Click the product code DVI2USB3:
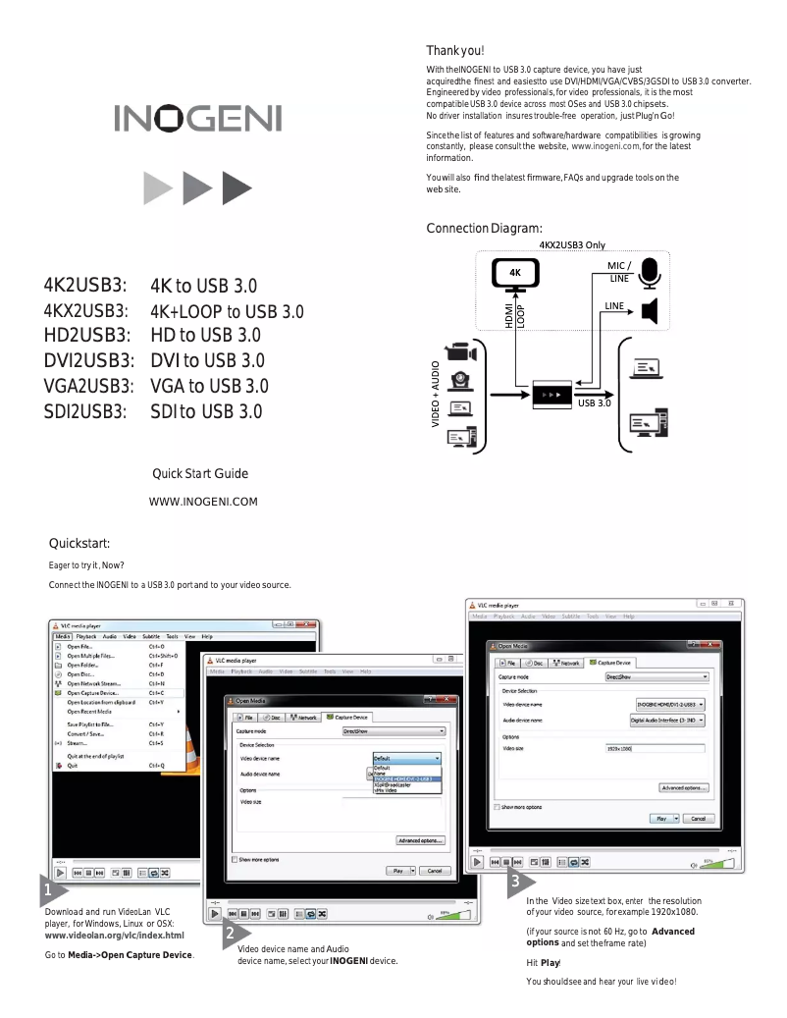(x=86, y=360)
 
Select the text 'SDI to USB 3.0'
(x=206, y=411)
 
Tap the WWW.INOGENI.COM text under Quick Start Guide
(x=202, y=503)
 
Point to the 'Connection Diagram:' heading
(x=484, y=229)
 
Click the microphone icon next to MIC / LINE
(x=649, y=273)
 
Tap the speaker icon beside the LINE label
(x=649, y=313)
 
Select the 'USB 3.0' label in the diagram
(x=595, y=403)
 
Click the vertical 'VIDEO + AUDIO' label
(x=436, y=393)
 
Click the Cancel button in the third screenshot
(x=697, y=818)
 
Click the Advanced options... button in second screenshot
(x=421, y=840)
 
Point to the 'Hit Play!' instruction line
(x=543, y=962)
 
